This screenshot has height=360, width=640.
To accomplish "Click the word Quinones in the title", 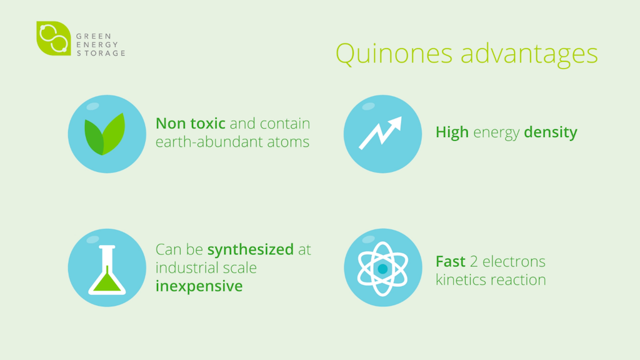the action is (394, 54).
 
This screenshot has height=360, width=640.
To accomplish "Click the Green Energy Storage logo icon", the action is (54, 38).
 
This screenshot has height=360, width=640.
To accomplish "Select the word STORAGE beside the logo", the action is (101, 53).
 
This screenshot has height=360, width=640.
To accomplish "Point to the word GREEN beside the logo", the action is (94, 36).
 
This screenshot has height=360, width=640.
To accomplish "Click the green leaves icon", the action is (104, 134).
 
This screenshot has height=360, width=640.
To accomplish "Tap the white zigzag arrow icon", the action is (381, 132).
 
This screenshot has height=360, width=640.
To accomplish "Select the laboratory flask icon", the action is (107, 270).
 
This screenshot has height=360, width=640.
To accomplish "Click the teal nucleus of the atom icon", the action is (383, 269).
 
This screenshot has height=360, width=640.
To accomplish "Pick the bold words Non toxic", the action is (190, 123).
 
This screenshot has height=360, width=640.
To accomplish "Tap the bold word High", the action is (452, 132).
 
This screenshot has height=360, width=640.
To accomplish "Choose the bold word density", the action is (551, 132).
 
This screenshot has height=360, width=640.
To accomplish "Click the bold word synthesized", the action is (250, 249).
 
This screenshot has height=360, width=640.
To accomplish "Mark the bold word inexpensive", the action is (199, 286).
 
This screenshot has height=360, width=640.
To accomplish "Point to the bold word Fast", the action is (450, 261).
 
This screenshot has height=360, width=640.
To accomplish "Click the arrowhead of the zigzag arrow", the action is (395, 123).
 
